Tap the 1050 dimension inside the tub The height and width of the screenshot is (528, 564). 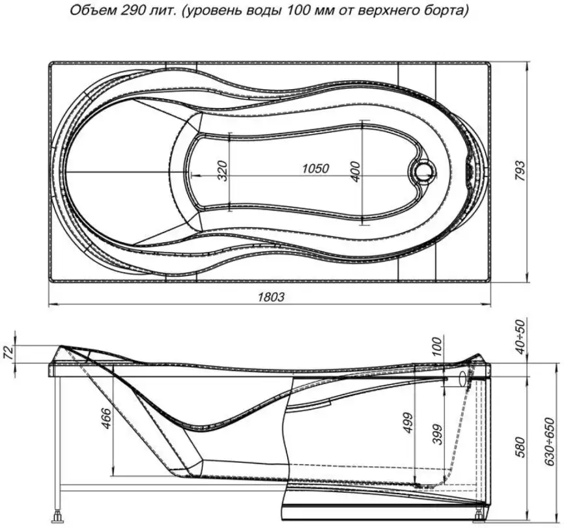click(x=315, y=168)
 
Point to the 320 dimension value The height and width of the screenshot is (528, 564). click(x=222, y=171)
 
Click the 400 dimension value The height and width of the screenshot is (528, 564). click(x=355, y=171)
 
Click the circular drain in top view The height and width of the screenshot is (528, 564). click(x=424, y=171)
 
